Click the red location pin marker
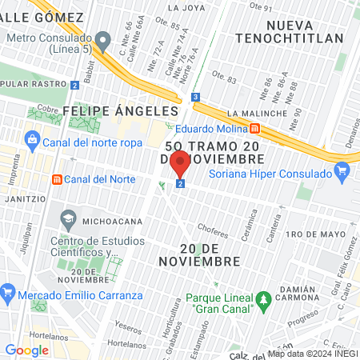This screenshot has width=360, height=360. pyautogui.click(x=180, y=163)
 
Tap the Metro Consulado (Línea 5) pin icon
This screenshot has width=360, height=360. pyautogui.click(x=102, y=39)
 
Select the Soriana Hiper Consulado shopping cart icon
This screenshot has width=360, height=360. pyautogui.click(x=342, y=170)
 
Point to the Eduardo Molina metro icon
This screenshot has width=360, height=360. pyautogui.click(x=254, y=127)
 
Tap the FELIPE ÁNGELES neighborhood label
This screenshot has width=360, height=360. pyautogui.click(x=119, y=110)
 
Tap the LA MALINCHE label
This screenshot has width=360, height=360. pyautogui.click(x=256, y=114)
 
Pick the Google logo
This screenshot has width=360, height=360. pyautogui.click(x=26, y=350)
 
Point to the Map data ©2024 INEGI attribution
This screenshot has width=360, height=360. pyautogui.click(x=312, y=354)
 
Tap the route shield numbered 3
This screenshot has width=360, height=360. pyautogui.click(x=195, y=98)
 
